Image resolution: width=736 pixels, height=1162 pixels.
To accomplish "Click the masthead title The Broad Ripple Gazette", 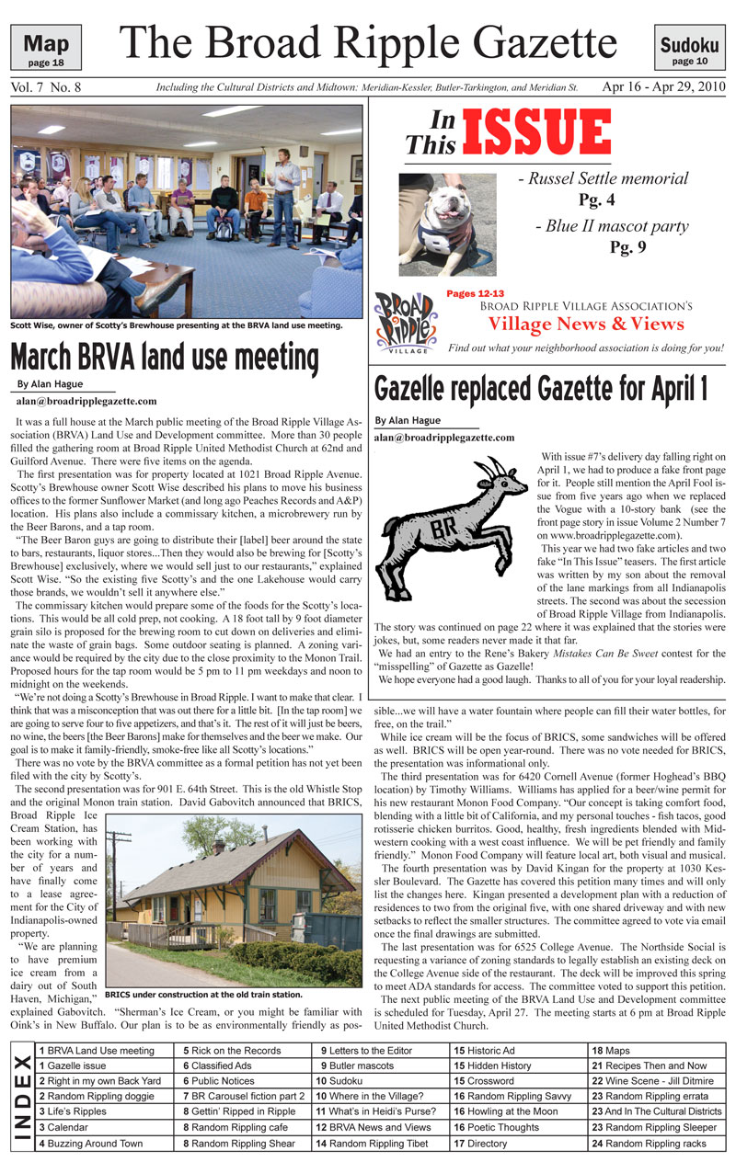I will [368, 43].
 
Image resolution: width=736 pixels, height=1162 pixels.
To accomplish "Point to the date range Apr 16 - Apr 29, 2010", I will [662, 87].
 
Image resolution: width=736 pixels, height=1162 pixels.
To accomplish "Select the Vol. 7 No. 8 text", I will [47, 87].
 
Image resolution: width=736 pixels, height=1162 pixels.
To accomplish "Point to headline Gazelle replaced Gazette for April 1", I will [541, 388].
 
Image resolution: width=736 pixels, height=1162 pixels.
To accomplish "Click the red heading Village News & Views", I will [585, 324].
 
